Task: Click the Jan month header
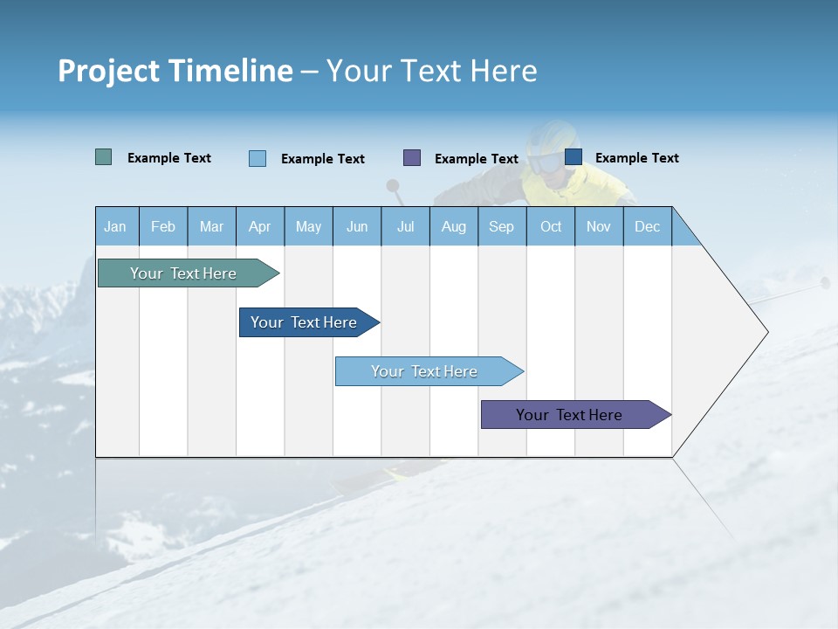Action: click(x=115, y=227)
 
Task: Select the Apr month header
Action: click(x=260, y=227)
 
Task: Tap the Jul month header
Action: click(x=405, y=227)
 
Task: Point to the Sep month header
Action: click(x=501, y=227)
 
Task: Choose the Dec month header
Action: click(x=647, y=227)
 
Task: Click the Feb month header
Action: click(x=163, y=227)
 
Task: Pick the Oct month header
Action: click(x=551, y=227)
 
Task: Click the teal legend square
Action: click(x=104, y=157)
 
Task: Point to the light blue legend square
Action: click(x=258, y=158)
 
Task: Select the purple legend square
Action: click(x=412, y=158)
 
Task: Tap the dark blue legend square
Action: click(x=574, y=157)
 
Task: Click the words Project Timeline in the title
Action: click(x=175, y=71)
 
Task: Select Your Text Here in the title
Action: click(x=432, y=71)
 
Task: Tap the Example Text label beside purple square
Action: click(x=477, y=159)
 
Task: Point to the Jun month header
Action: click(x=357, y=227)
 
